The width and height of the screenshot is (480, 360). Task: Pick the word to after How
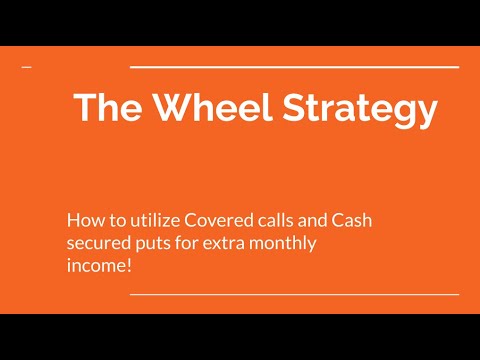pos(111,219)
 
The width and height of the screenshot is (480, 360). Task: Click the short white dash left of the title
pos(26,67)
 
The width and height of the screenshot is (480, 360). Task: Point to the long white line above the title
pos(295,67)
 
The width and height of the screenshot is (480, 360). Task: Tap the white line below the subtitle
pos(295,295)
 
